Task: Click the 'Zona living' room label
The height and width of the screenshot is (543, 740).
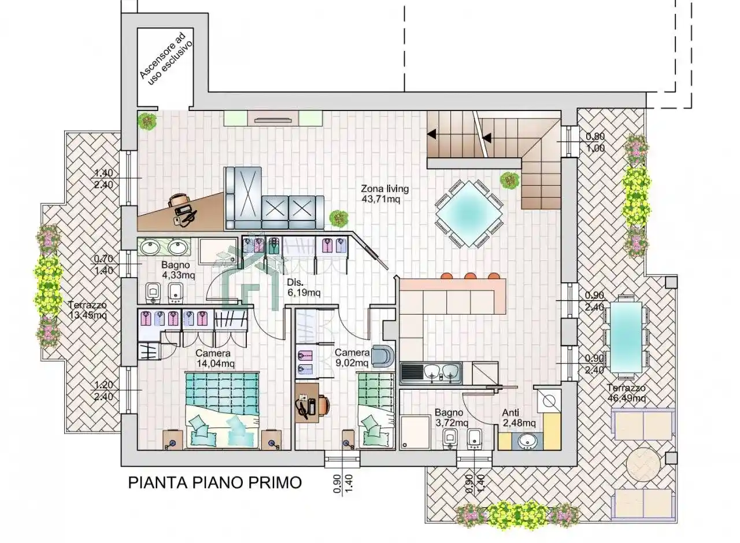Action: (x=384, y=189)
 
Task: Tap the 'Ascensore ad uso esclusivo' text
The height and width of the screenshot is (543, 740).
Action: (x=166, y=59)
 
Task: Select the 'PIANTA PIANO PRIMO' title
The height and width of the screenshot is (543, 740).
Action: (x=214, y=483)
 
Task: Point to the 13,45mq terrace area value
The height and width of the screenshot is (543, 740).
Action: (x=88, y=315)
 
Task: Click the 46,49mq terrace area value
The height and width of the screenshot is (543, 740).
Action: (x=626, y=398)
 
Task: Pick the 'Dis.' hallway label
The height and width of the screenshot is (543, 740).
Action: (x=295, y=283)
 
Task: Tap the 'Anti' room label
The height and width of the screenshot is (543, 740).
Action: (x=510, y=412)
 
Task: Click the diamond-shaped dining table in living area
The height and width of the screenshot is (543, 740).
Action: (x=469, y=213)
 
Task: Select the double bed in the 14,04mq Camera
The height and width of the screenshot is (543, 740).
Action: (x=221, y=411)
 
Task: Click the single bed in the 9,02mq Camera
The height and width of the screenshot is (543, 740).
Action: (x=376, y=411)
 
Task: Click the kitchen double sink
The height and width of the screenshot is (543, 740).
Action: (x=441, y=373)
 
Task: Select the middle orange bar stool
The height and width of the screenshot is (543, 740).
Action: (x=469, y=276)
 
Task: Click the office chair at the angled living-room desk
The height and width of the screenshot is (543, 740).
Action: (x=179, y=200)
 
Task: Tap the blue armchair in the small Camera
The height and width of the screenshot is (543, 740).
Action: (x=383, y=356)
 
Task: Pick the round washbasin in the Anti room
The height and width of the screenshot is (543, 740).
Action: (x=528, y=441)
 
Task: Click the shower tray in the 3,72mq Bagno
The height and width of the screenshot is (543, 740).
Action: (x=415, y=433)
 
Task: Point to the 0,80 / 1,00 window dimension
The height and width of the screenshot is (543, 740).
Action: (x=595, y=142)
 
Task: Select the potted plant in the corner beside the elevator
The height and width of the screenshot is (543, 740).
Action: (x=147, y=121)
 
